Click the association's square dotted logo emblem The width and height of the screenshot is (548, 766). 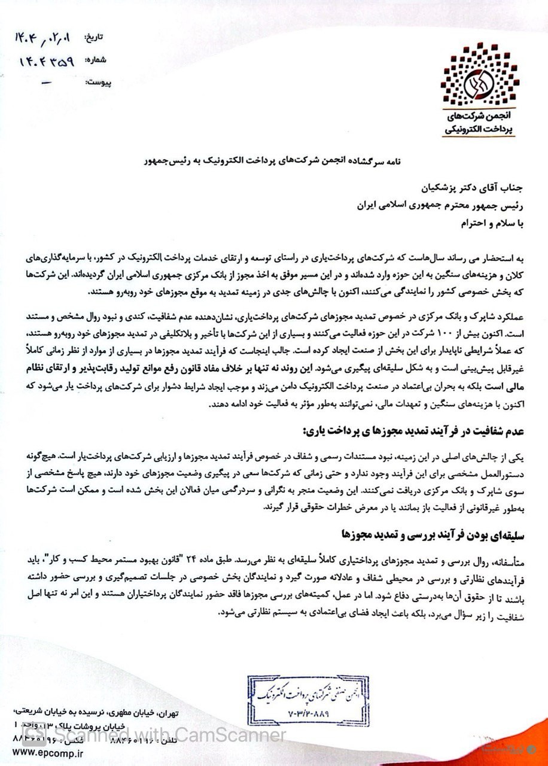[480, 72]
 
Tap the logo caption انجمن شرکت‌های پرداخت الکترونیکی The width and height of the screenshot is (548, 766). [480, 123]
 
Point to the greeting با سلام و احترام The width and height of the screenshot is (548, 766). [476, 224]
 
